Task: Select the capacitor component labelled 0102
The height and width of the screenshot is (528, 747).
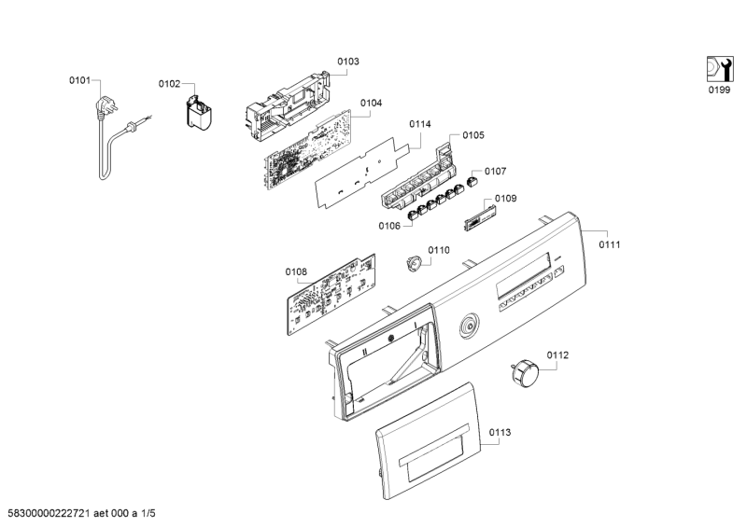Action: pyautogui.click(x=199, y=114)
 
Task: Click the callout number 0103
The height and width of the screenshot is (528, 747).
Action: pyautogui.click(x=347, y=62)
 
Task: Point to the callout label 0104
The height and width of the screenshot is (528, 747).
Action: pyautogui.click(x=371, y=104)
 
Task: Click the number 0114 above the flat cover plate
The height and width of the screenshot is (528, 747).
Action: pyautogui.click(x=419, y=123)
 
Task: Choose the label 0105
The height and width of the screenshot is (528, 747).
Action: pyautogui.click(x=472, y=135)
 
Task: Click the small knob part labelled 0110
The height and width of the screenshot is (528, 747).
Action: pyautogui.click(x=414, y=265)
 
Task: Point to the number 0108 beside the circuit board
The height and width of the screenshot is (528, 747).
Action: pyautogui.click(x=296, y=271)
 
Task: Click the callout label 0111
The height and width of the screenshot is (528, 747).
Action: pyautogui.click(x=610, y=244)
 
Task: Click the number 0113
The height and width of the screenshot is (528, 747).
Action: pyautogui.click(x=500, y=433)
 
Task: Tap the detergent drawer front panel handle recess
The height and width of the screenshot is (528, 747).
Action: pyautogui.click(x=431, y=459)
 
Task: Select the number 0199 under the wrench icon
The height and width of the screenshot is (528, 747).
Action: pyautogui.click(x=718, y=90)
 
